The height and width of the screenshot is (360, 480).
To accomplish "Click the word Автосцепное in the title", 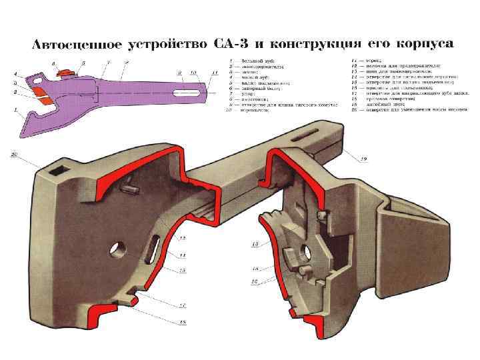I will pos(75,45).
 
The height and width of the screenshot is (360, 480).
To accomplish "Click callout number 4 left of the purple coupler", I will pos(15,73).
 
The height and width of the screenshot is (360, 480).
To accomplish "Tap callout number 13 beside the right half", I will pos(254,245).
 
